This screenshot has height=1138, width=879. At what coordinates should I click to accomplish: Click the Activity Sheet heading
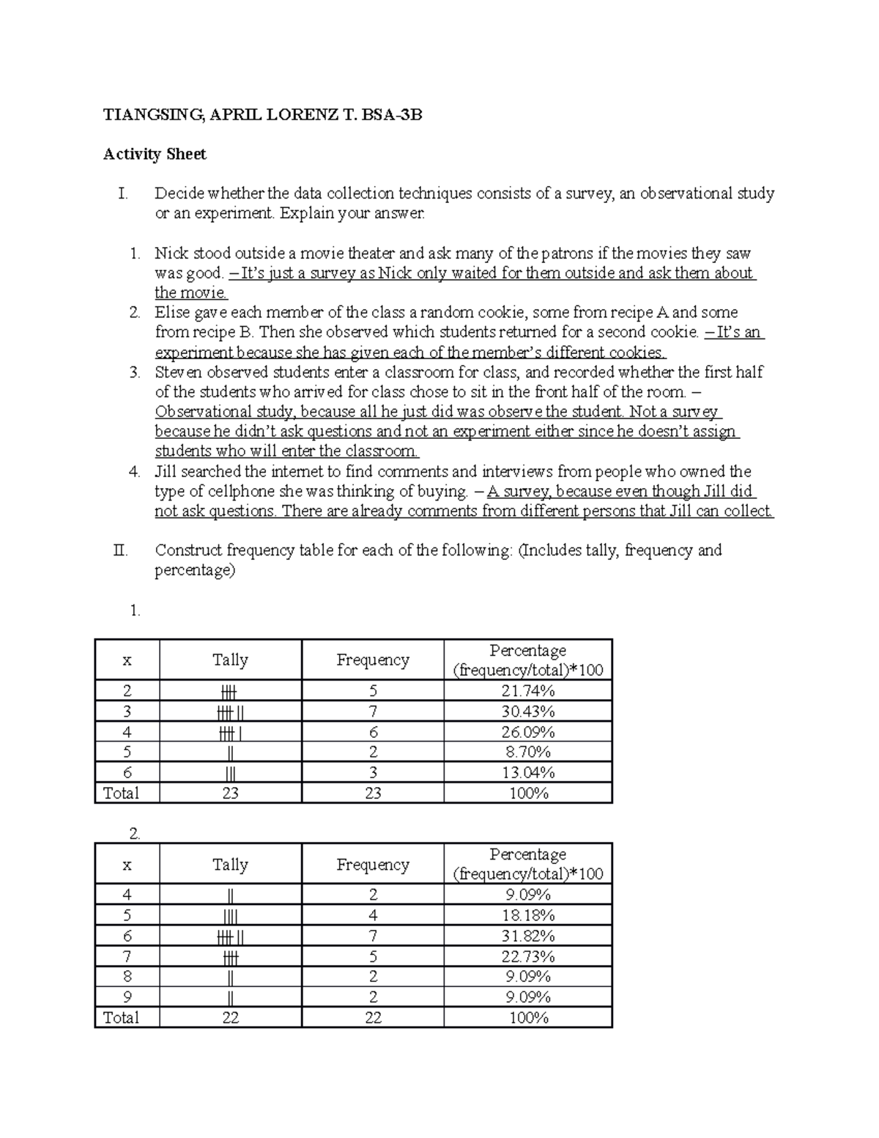(155, 154)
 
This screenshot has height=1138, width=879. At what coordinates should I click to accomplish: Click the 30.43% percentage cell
(527, 712)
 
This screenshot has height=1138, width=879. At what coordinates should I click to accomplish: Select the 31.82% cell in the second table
(527, 936)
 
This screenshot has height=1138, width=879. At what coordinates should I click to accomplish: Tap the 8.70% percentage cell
(527, 752)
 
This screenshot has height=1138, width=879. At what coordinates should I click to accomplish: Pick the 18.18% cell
(527, 915)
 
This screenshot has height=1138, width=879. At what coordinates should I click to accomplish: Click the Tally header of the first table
(230, 659)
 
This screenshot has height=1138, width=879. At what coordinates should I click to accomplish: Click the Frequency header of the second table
(372, 865)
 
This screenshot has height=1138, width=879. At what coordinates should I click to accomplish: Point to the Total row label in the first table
(121, 793)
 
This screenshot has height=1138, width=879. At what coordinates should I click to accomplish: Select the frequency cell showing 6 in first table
(373, 732)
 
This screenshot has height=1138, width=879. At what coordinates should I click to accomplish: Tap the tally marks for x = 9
(230, 997)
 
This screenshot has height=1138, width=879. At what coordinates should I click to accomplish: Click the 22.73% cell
(527, 956)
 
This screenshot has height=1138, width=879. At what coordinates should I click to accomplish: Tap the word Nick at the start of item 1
(169, 254)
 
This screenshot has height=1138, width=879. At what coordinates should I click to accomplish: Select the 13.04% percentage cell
(527, 772)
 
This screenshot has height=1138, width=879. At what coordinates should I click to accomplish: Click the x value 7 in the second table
(127, 956)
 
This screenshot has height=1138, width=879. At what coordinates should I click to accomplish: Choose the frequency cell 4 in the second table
(373, 915)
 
